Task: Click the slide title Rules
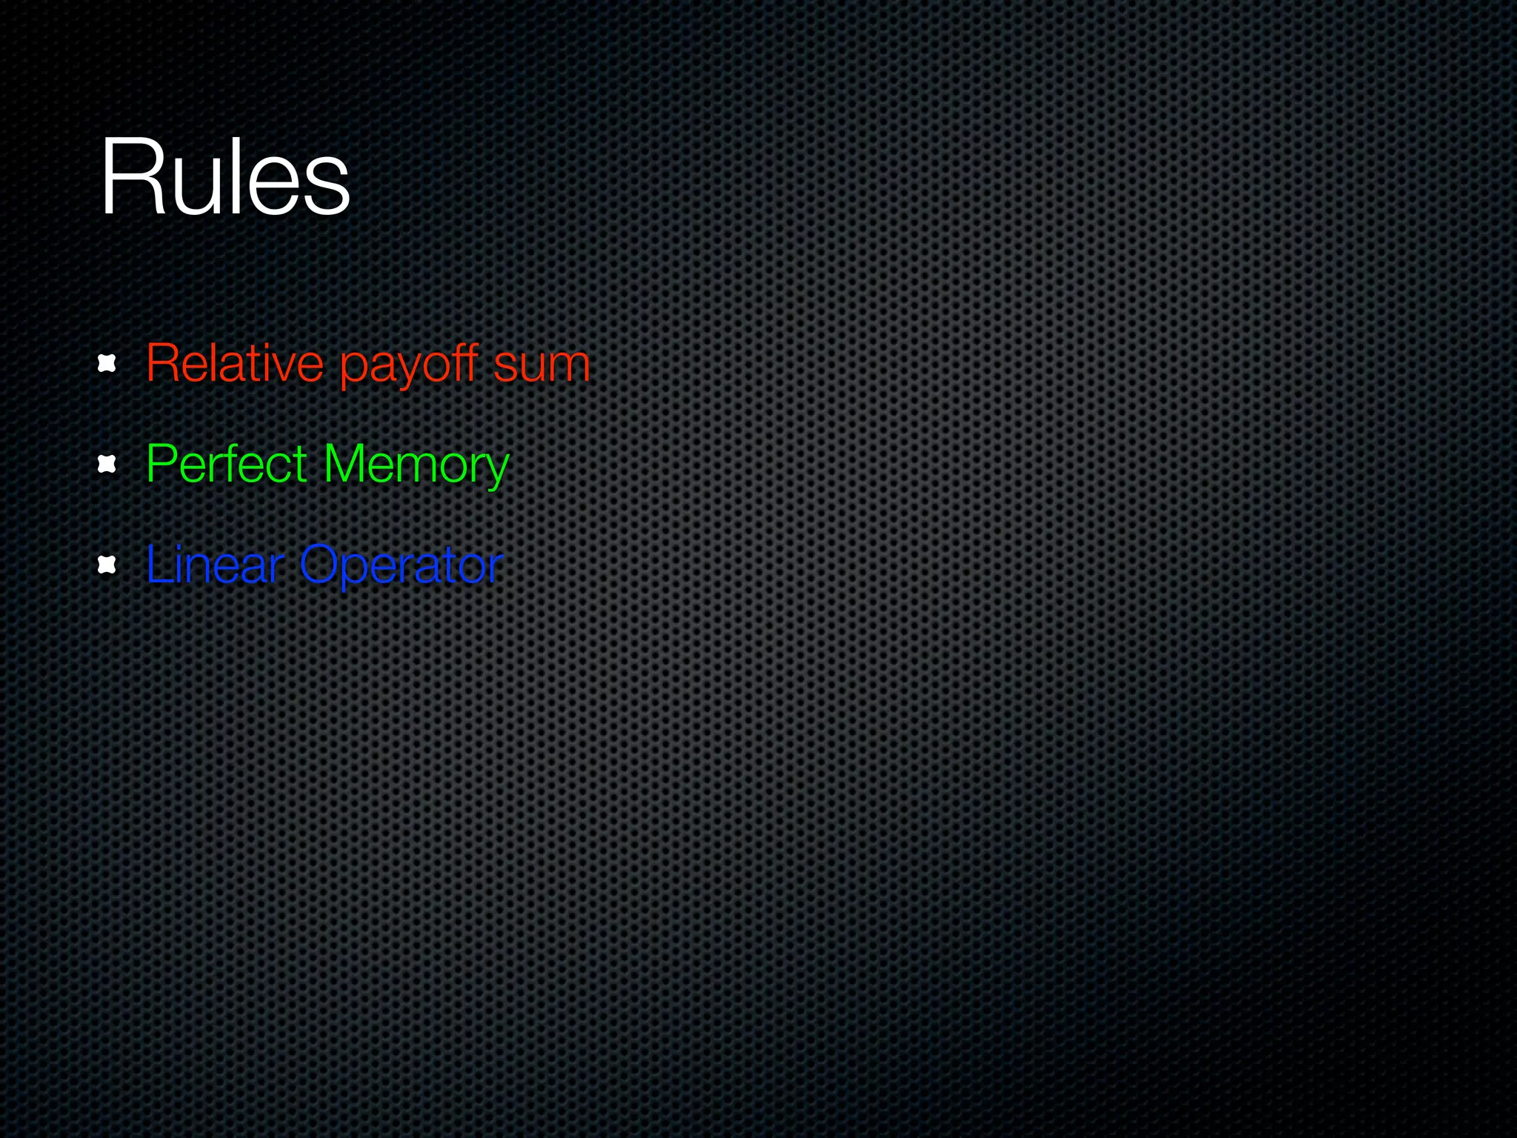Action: pos(224,178)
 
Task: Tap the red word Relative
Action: pos(235,364)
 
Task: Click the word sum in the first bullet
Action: pos(541,365)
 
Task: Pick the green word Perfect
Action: pos(227,465)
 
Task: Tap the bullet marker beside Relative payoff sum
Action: pos(107,364)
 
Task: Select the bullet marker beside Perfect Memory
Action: pos(107,465)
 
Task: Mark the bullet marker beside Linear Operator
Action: pos(107,565)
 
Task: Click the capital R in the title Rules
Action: pos(127,178)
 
